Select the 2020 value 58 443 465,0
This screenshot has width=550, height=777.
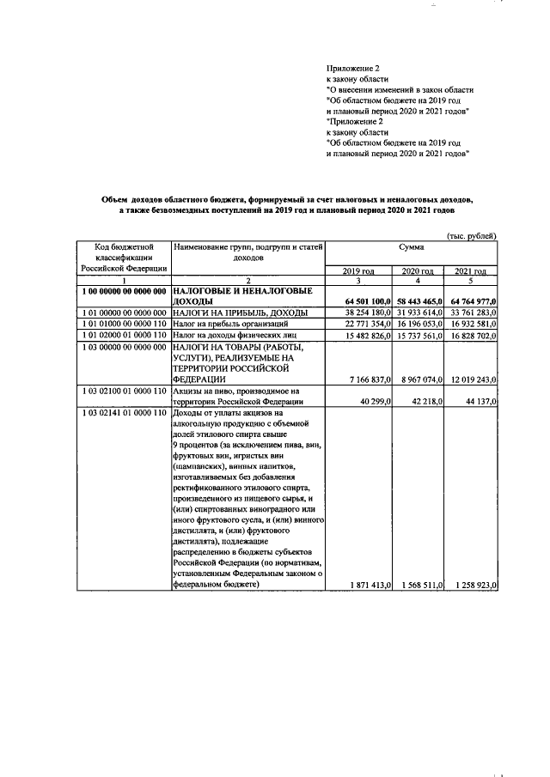[418, 300]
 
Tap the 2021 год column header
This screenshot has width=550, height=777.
[470, 270]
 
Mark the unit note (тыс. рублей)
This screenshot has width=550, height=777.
[472, 234]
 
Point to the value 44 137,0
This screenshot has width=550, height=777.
[480, 401]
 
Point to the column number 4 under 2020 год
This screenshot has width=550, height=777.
[417, 281]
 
